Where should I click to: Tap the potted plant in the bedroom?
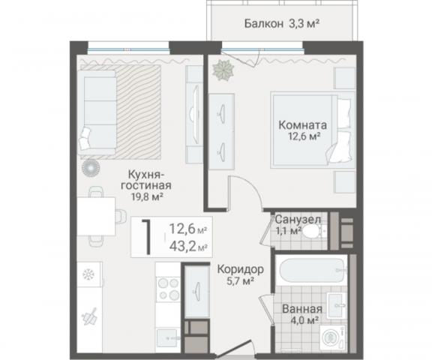click(x=223, y=70)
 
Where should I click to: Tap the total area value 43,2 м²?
click(x=187, y=247)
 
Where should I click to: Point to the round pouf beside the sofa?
click(x=94, y=167)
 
